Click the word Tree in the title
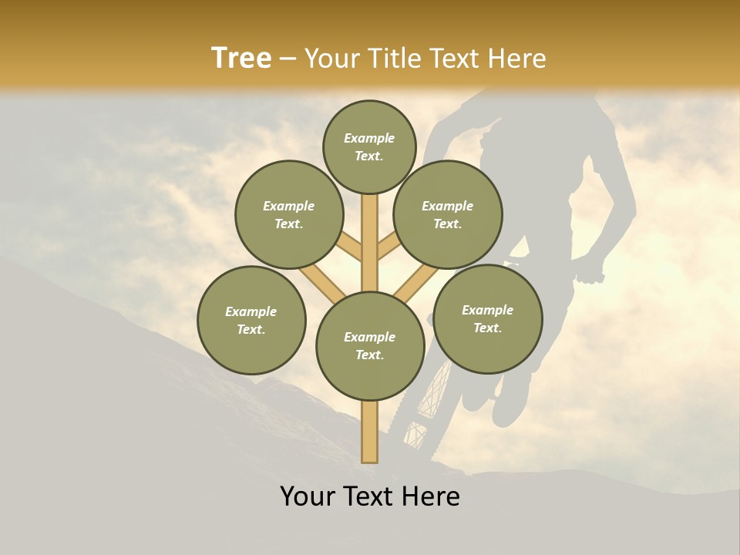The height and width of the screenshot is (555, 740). [241, 58]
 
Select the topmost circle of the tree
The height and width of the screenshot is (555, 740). [369, 146]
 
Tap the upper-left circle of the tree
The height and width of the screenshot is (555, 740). [289, 214]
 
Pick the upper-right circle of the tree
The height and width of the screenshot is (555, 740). [448, 214]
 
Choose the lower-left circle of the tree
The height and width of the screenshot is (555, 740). [251, 320]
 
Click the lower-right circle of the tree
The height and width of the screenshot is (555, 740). [487, 318]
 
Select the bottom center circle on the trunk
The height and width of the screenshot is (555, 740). [370, 346]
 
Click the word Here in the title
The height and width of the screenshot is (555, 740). [516, 58]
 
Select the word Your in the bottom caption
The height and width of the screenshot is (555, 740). [308, 496]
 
